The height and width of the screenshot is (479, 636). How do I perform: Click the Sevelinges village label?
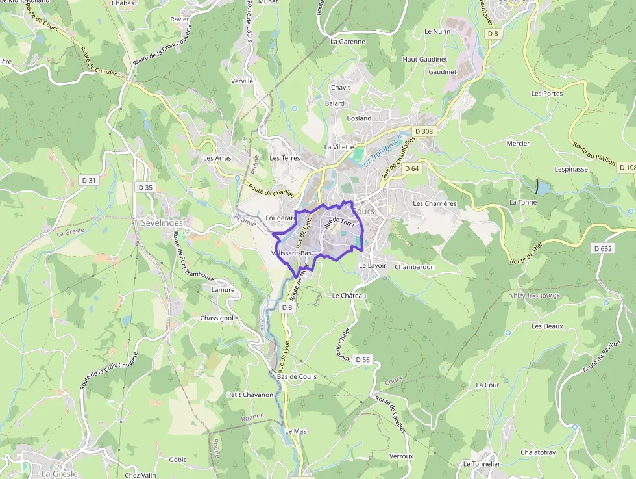pos(162,222)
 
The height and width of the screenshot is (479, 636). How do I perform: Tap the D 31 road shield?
pos(89,180)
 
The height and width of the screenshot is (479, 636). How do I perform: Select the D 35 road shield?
pos(145,187)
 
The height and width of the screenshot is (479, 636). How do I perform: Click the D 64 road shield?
pos(412,168)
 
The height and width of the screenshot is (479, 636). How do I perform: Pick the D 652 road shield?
pos(603,248)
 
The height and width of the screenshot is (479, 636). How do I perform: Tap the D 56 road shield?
pos(363,359)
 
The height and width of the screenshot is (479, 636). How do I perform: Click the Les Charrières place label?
pos(435,203)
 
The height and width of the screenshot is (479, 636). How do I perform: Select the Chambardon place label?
pos(414,266)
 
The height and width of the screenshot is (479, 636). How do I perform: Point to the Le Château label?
pos(349,296)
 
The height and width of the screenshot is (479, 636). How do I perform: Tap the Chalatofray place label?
pos(538,452)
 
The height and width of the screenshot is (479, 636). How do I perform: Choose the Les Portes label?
pos(546,94)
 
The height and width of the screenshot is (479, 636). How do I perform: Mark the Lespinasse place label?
pos(571,169)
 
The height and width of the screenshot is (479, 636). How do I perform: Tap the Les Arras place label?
pos(217,158)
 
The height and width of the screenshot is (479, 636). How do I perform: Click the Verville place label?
pos(241,81)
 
